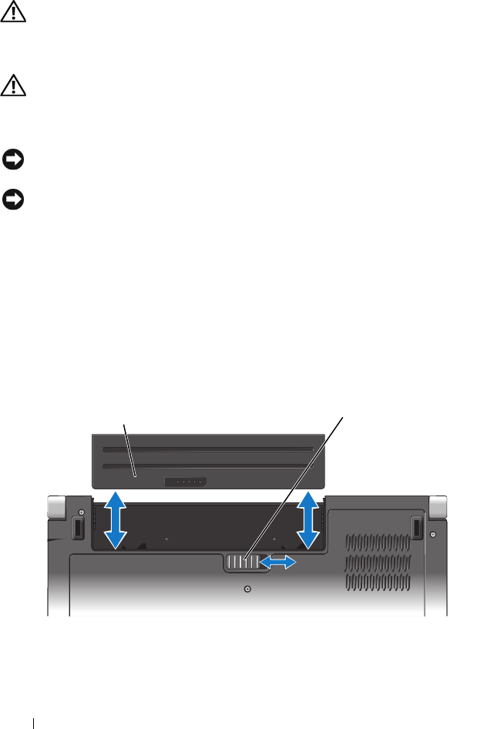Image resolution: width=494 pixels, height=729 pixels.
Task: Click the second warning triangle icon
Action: point(13,86)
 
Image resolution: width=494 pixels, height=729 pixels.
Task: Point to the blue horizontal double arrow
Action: point(277,564)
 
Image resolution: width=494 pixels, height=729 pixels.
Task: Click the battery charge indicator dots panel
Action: point(186,481)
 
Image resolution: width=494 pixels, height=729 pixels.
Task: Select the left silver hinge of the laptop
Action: point(55,506)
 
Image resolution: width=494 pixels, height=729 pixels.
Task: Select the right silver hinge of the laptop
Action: point(437,506)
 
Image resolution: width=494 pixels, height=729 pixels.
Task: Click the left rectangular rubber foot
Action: point(77,528)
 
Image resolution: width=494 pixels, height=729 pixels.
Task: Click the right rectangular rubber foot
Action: point(415,528)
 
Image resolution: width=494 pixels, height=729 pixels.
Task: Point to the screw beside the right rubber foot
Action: point(434,533)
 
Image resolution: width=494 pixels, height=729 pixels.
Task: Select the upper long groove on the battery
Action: point(208,448)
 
